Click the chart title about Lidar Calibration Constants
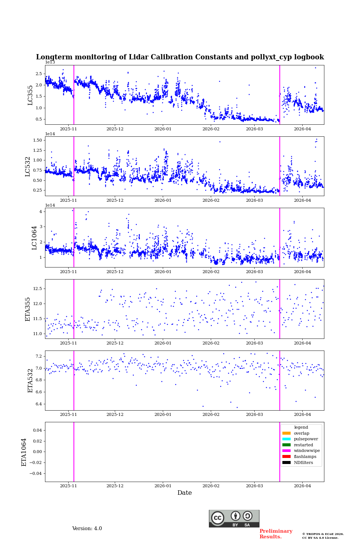tap(180, 57)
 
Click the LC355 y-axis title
tap(30, 95)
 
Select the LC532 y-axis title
tap(28, 166)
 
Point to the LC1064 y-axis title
tap(34, 238)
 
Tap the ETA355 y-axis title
tap(28, 309)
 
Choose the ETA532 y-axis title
tap(30, 381)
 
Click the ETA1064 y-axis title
tap(24, 452)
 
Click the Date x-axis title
tap(184, 493)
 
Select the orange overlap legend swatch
tap(286, 433)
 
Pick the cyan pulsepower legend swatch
tap(286, 439)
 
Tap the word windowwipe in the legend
tap(307, 451)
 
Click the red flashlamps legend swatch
tap(286, 457)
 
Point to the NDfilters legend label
tap(303, 463)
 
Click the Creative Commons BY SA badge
tap(234, 518)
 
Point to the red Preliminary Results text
tap(276, 534)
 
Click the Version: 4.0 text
tap(87, 529)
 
